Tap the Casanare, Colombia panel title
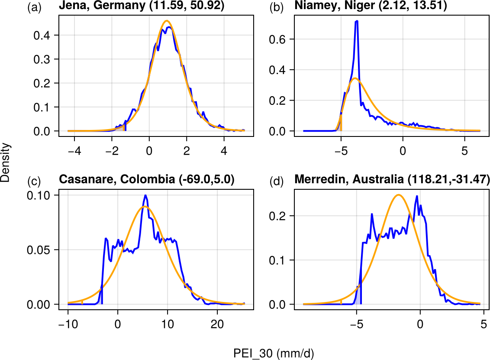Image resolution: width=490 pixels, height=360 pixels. click(x=146, y=179)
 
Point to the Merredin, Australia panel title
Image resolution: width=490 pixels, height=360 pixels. click(x=392, y=179)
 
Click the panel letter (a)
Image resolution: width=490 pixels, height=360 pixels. click(x=34, y=7)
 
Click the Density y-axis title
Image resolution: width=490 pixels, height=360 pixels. click(x=6, y=163)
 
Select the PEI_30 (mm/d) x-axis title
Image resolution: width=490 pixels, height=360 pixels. click(x=274, y=354)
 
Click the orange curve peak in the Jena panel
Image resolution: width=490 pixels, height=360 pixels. click(x=167, y=21)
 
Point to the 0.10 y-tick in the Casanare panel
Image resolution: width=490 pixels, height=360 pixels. click(x=41, y=195)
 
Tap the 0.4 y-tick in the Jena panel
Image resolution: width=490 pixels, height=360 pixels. click(x=44, y=35)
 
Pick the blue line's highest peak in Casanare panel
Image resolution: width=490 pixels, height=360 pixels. click(x=146, y=195)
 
